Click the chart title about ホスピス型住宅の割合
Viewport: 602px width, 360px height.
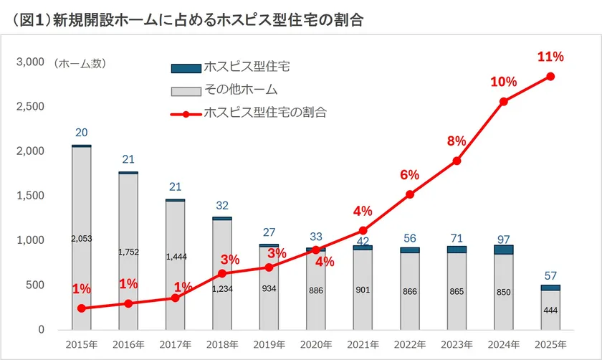188,20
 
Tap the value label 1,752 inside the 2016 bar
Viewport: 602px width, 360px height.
128,252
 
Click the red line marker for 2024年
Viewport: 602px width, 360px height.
504,102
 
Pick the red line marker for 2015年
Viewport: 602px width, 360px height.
82,308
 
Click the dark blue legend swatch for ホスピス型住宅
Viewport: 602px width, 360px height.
184,68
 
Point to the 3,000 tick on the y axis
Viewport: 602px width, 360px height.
30,63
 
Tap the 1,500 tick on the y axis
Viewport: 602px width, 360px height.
30,196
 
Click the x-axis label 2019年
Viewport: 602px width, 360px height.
269,345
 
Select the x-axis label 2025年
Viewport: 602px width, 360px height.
550,345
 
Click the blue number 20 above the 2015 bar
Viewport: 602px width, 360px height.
82,133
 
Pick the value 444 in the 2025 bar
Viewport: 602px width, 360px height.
550,311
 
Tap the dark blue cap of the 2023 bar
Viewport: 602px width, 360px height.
457,250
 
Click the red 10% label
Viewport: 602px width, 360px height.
503,82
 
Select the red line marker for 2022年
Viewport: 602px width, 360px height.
410,194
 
